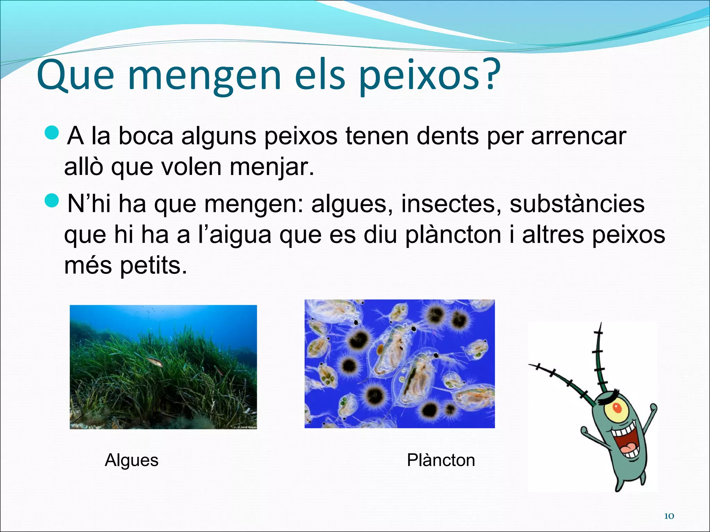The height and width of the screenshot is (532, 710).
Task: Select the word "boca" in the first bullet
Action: click(x=146, y=136)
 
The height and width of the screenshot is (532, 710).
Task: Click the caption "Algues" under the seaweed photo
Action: click(x=131, y=460)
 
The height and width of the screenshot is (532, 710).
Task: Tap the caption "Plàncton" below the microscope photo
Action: click(x=441, y=460)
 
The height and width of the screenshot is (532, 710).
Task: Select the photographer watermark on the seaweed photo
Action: click(x=247, y=427)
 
